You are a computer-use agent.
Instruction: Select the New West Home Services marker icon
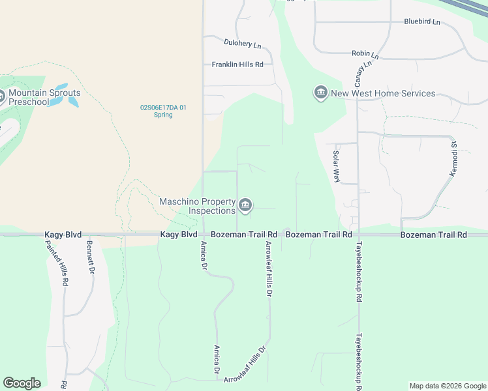[x=320, y=94]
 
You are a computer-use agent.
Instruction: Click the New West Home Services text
[x=383, y=94]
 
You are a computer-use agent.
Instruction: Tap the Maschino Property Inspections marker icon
[x=245, y=206]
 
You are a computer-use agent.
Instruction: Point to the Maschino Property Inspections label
[x=198, y=206]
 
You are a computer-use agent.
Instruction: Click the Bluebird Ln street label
[x=422, y=22]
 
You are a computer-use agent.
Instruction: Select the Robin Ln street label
[x=365, y=53]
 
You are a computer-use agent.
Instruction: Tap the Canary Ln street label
[x=363, y=72]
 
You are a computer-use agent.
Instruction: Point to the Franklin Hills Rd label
[x=237, y=65]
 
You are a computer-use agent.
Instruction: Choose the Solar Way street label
[x=337, y=167]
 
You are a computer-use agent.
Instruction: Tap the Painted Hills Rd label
[x=56, y=263]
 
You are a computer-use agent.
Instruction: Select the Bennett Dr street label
[x=91, y=257]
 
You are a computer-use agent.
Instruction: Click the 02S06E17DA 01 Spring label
[x=163, y=111]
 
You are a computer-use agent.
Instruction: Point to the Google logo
[x=22, y=383]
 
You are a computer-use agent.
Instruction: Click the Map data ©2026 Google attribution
[x=447, y=386]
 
